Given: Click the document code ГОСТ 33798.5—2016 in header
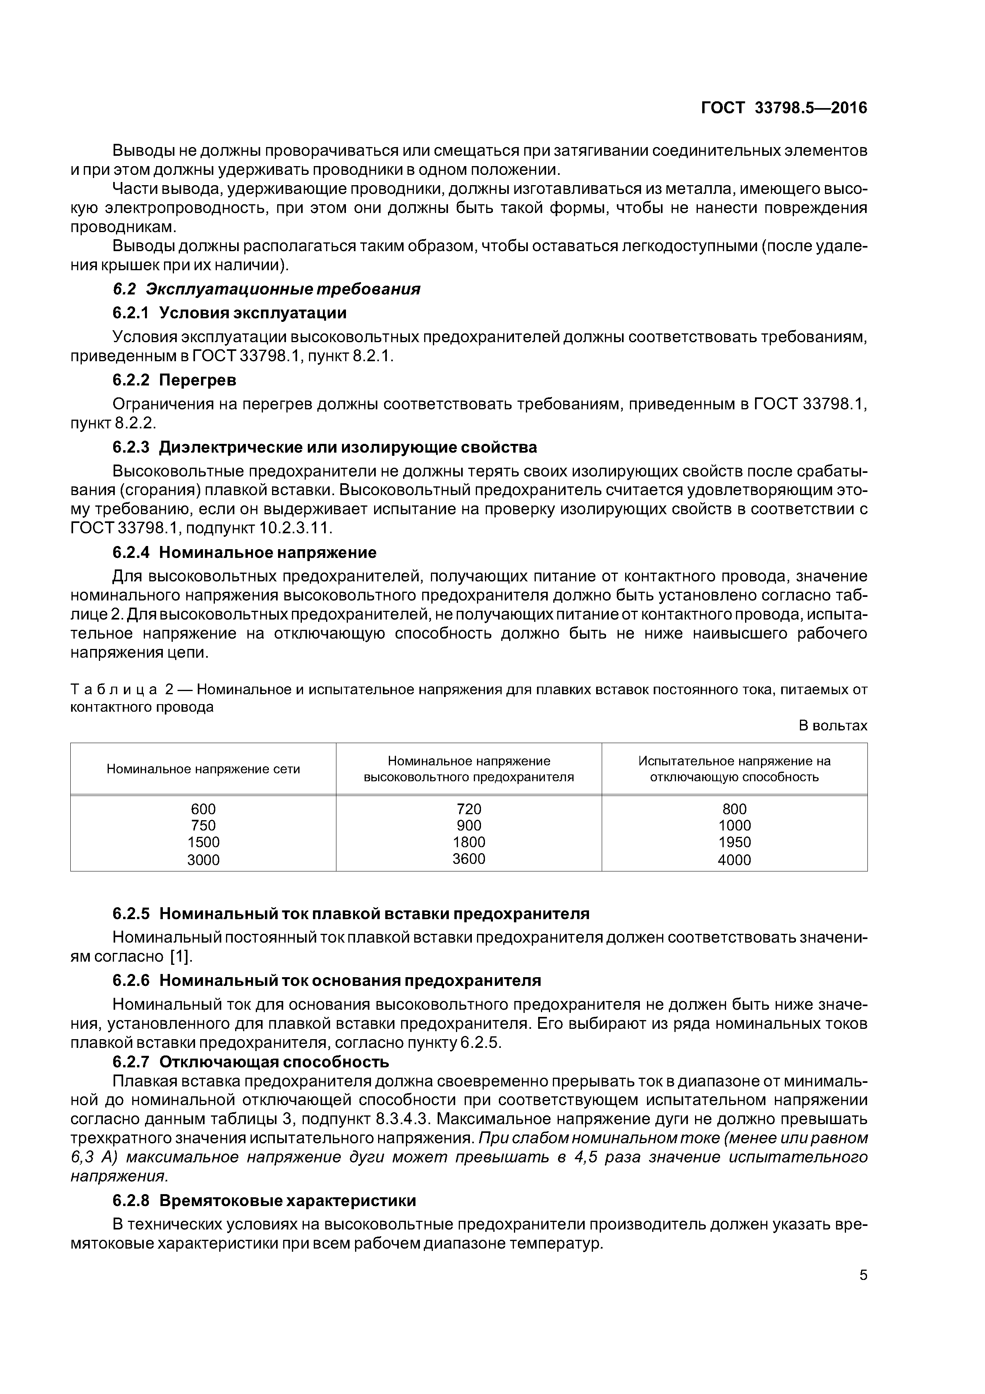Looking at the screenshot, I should (784, 108).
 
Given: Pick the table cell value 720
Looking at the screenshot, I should (469, 809).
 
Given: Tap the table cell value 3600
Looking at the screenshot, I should (469, 858).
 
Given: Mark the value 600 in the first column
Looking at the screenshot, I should (203, 809).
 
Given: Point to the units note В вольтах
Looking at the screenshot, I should (832, 726).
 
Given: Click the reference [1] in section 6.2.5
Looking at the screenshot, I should (180, 957).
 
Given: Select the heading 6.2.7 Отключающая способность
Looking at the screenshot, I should (251, 1062).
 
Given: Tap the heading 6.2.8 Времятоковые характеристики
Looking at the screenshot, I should (264, 1200).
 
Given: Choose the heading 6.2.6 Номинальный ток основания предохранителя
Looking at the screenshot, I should (326, 981).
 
